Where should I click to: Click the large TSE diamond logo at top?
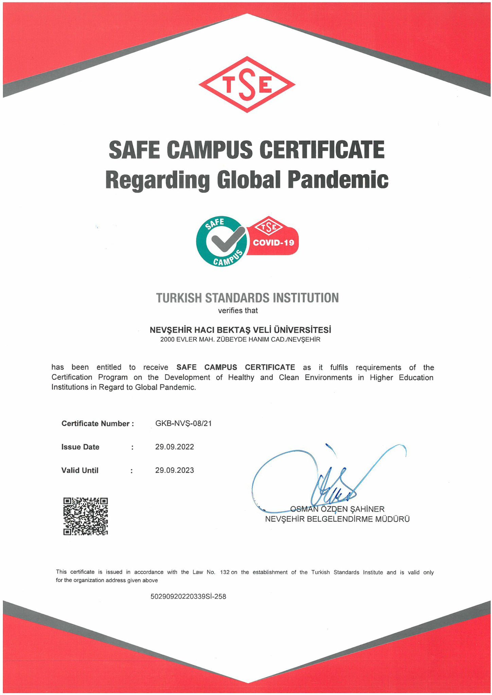point(247,84)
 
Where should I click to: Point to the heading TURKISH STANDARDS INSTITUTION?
point(247,298)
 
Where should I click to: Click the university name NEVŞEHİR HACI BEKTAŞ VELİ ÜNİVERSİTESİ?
point(241,330)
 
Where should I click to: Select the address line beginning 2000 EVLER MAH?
point(240,339)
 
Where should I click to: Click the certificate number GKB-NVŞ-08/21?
point(183,424)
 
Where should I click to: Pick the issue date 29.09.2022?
point(175,447)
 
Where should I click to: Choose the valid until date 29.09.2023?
point(175,470)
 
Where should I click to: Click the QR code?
point(86,516)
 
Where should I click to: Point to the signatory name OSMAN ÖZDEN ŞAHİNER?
point(337,509)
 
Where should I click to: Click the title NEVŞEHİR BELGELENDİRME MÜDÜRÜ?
point(337,519)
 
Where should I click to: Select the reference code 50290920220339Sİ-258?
point(188,596)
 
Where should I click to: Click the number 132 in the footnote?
point(225,572)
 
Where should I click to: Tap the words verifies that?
point(238,311)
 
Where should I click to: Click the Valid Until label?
point(80,470)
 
